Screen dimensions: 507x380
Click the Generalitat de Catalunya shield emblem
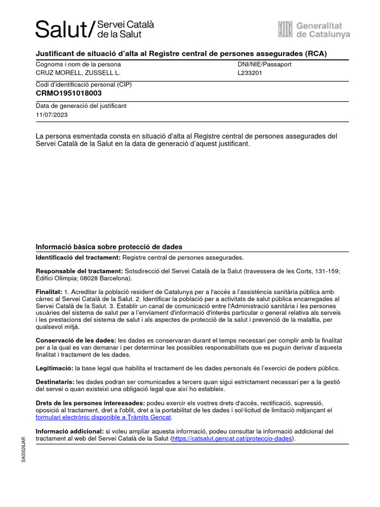click(285, 29)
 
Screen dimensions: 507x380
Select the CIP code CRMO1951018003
click(69, 93)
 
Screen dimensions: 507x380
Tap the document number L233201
click(249, 73)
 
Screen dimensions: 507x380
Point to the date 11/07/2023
click(51, 114)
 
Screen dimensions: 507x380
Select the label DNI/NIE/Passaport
click(264, 64)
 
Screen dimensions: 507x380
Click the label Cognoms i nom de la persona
click(78, 64)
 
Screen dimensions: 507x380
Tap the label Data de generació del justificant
click(81, 106)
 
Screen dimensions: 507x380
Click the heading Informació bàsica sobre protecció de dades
click(109, 247)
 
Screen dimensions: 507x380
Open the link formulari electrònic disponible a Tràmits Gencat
click(103, 417)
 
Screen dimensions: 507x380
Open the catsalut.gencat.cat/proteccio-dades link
click(232, 439)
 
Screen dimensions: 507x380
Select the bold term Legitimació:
click(54, 368)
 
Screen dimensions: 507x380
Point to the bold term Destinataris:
click(55, 382)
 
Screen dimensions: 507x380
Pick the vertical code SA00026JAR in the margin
click(23, 450)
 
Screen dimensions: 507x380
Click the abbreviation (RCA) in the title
click(316, 53)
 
